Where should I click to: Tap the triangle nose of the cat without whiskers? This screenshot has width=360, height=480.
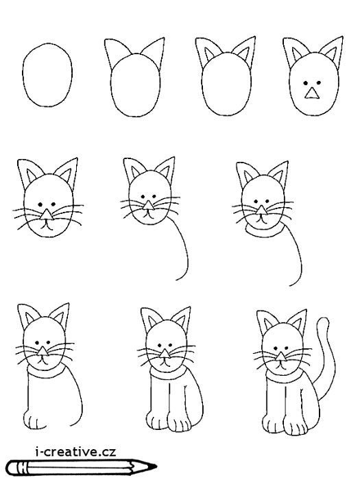[x=312, y=93]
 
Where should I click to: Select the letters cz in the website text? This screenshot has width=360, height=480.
[x=108, y=451]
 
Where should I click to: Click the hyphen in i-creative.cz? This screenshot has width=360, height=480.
[x=43, y=453]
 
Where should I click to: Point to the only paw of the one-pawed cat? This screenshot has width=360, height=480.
[x=34, y=420]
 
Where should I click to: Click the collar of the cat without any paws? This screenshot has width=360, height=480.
[x=265, y=232]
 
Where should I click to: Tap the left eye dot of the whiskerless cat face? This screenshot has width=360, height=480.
[x=306, y=83]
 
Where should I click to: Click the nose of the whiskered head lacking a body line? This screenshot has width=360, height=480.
[x=47, y=215]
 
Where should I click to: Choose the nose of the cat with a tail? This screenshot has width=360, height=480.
[x=280, y=357]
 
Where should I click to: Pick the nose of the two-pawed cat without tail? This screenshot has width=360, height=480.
[x=165, y=354]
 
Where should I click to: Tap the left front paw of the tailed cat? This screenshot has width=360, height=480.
[x=273, y=423]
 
